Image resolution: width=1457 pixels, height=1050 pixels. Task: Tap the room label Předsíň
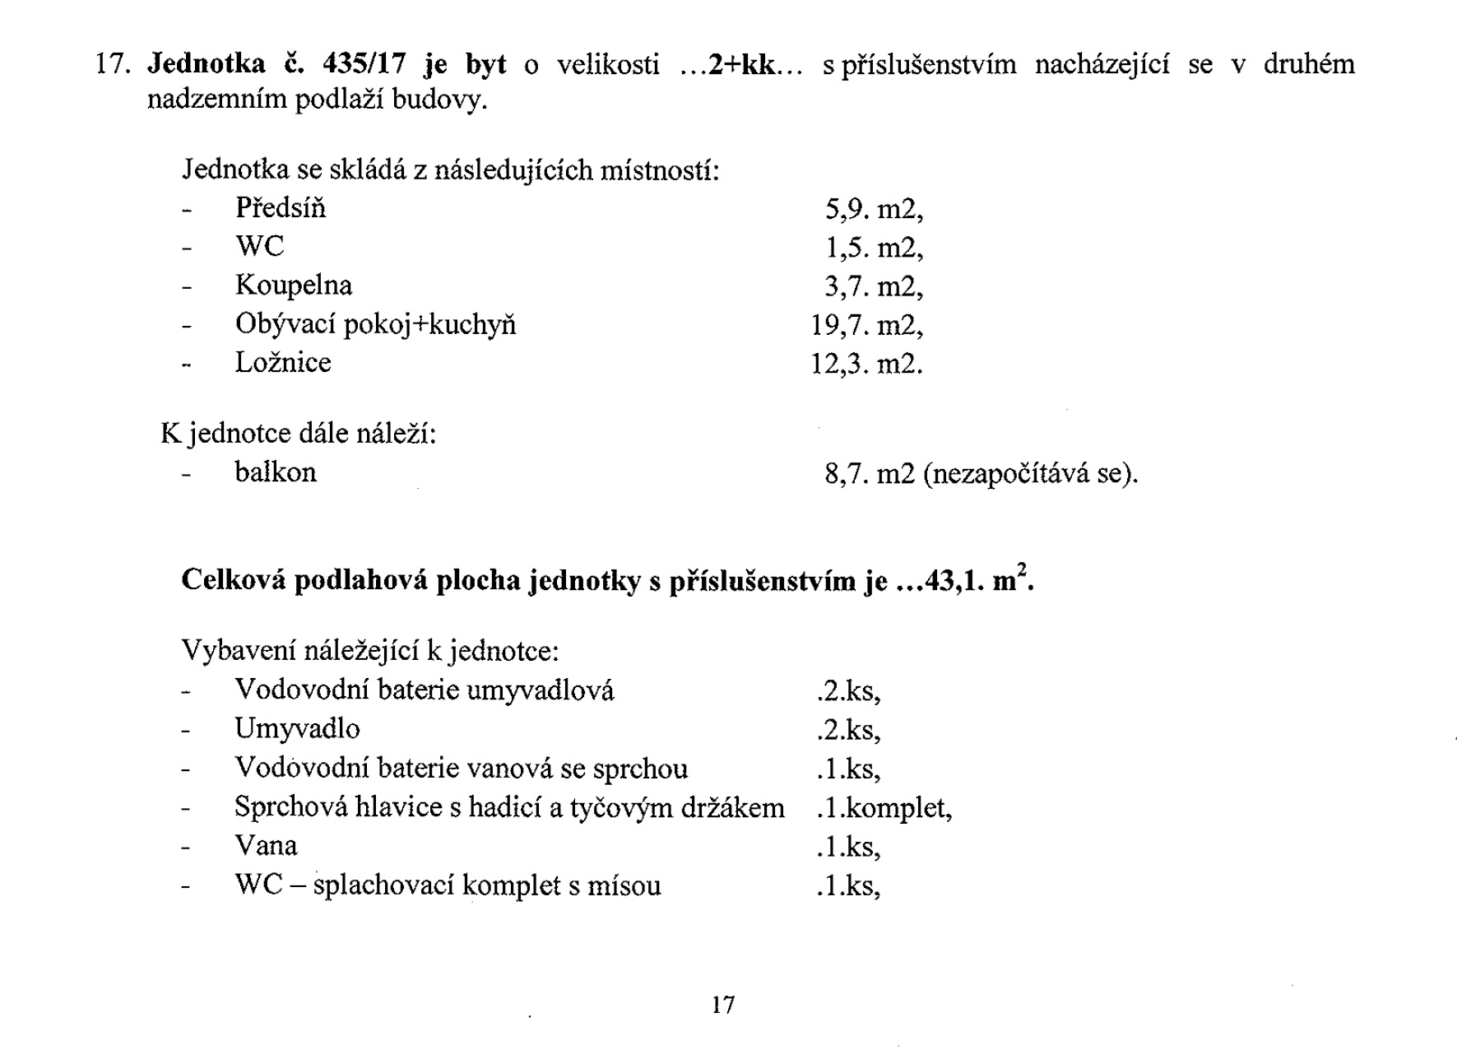click(x=281, y=208)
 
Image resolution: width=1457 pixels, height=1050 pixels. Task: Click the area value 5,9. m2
click(x=874, y=210)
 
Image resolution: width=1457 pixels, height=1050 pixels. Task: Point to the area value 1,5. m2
click(x=874, y=248)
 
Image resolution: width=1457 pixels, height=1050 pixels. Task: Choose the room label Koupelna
click(x=294, y=286)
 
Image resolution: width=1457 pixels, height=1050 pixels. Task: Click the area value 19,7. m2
click(x=867, y=326)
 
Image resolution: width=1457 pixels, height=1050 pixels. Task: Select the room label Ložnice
click(x=283, y=363)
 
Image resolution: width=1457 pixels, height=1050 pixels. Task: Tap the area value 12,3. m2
click(x=867, y=364)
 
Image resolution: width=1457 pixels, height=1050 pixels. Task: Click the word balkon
click(x=276, y=472)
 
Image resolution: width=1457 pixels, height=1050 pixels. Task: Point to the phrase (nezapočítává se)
click(x=1031, y=474)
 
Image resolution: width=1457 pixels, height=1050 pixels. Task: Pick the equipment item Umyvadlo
click(x=297, y=729)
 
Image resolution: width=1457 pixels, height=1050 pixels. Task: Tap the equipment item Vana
click(x=266, y=846)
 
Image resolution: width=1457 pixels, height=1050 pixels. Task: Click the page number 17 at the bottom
click(x=723, y=1005)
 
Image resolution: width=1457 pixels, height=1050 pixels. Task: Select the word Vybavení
click(x=239, y=651)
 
